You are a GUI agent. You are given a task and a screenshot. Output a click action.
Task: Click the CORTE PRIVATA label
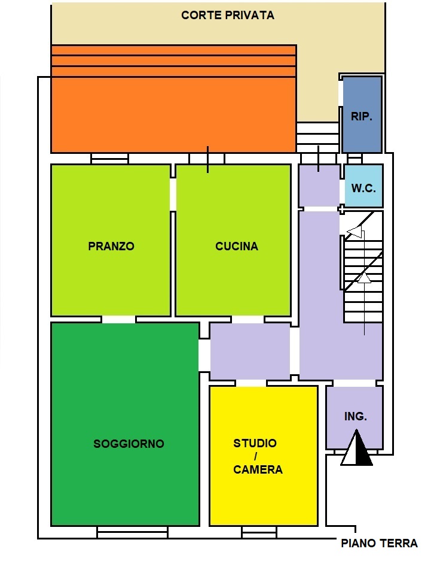[x=228, y=15]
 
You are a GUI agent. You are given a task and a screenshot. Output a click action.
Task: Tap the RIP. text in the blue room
[x=362, y=116]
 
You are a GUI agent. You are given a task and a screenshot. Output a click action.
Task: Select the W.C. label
[x=363, y=188]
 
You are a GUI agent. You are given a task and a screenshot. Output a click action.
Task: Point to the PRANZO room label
[x=111, y=245]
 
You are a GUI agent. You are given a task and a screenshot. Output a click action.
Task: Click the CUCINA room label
[x=237, y=245]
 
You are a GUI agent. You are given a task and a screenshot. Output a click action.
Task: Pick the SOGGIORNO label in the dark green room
[x=129, y=444]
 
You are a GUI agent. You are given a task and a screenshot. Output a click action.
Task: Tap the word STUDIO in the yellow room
[x=255, y=442]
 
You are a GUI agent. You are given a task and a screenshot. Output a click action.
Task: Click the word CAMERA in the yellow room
[x=258, y=469]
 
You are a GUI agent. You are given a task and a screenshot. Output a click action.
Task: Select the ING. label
[x=355, y=416]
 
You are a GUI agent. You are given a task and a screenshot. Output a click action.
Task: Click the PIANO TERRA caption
[x=379, y=543]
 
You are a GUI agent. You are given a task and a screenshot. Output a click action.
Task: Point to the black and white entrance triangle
[x=356, y=448]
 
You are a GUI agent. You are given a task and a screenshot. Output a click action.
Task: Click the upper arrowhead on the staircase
[x=355, y=232]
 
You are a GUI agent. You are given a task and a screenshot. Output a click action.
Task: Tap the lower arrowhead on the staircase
[x=364, y=277]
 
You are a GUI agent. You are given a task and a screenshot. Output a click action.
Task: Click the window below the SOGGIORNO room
[x=133, y=532]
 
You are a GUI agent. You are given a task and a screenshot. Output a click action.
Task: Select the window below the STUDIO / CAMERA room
[x=259, y=532]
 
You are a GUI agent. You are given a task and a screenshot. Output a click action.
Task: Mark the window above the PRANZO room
[x=110, y=158]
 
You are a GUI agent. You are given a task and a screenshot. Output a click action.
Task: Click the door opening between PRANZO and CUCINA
[x=173, y=195]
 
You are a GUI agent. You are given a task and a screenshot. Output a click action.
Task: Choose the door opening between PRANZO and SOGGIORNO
[x=118, y=319]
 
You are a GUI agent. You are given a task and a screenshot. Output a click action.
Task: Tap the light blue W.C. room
[x=363, y=186]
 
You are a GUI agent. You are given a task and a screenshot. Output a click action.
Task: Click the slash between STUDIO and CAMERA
[x=255, y=456]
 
